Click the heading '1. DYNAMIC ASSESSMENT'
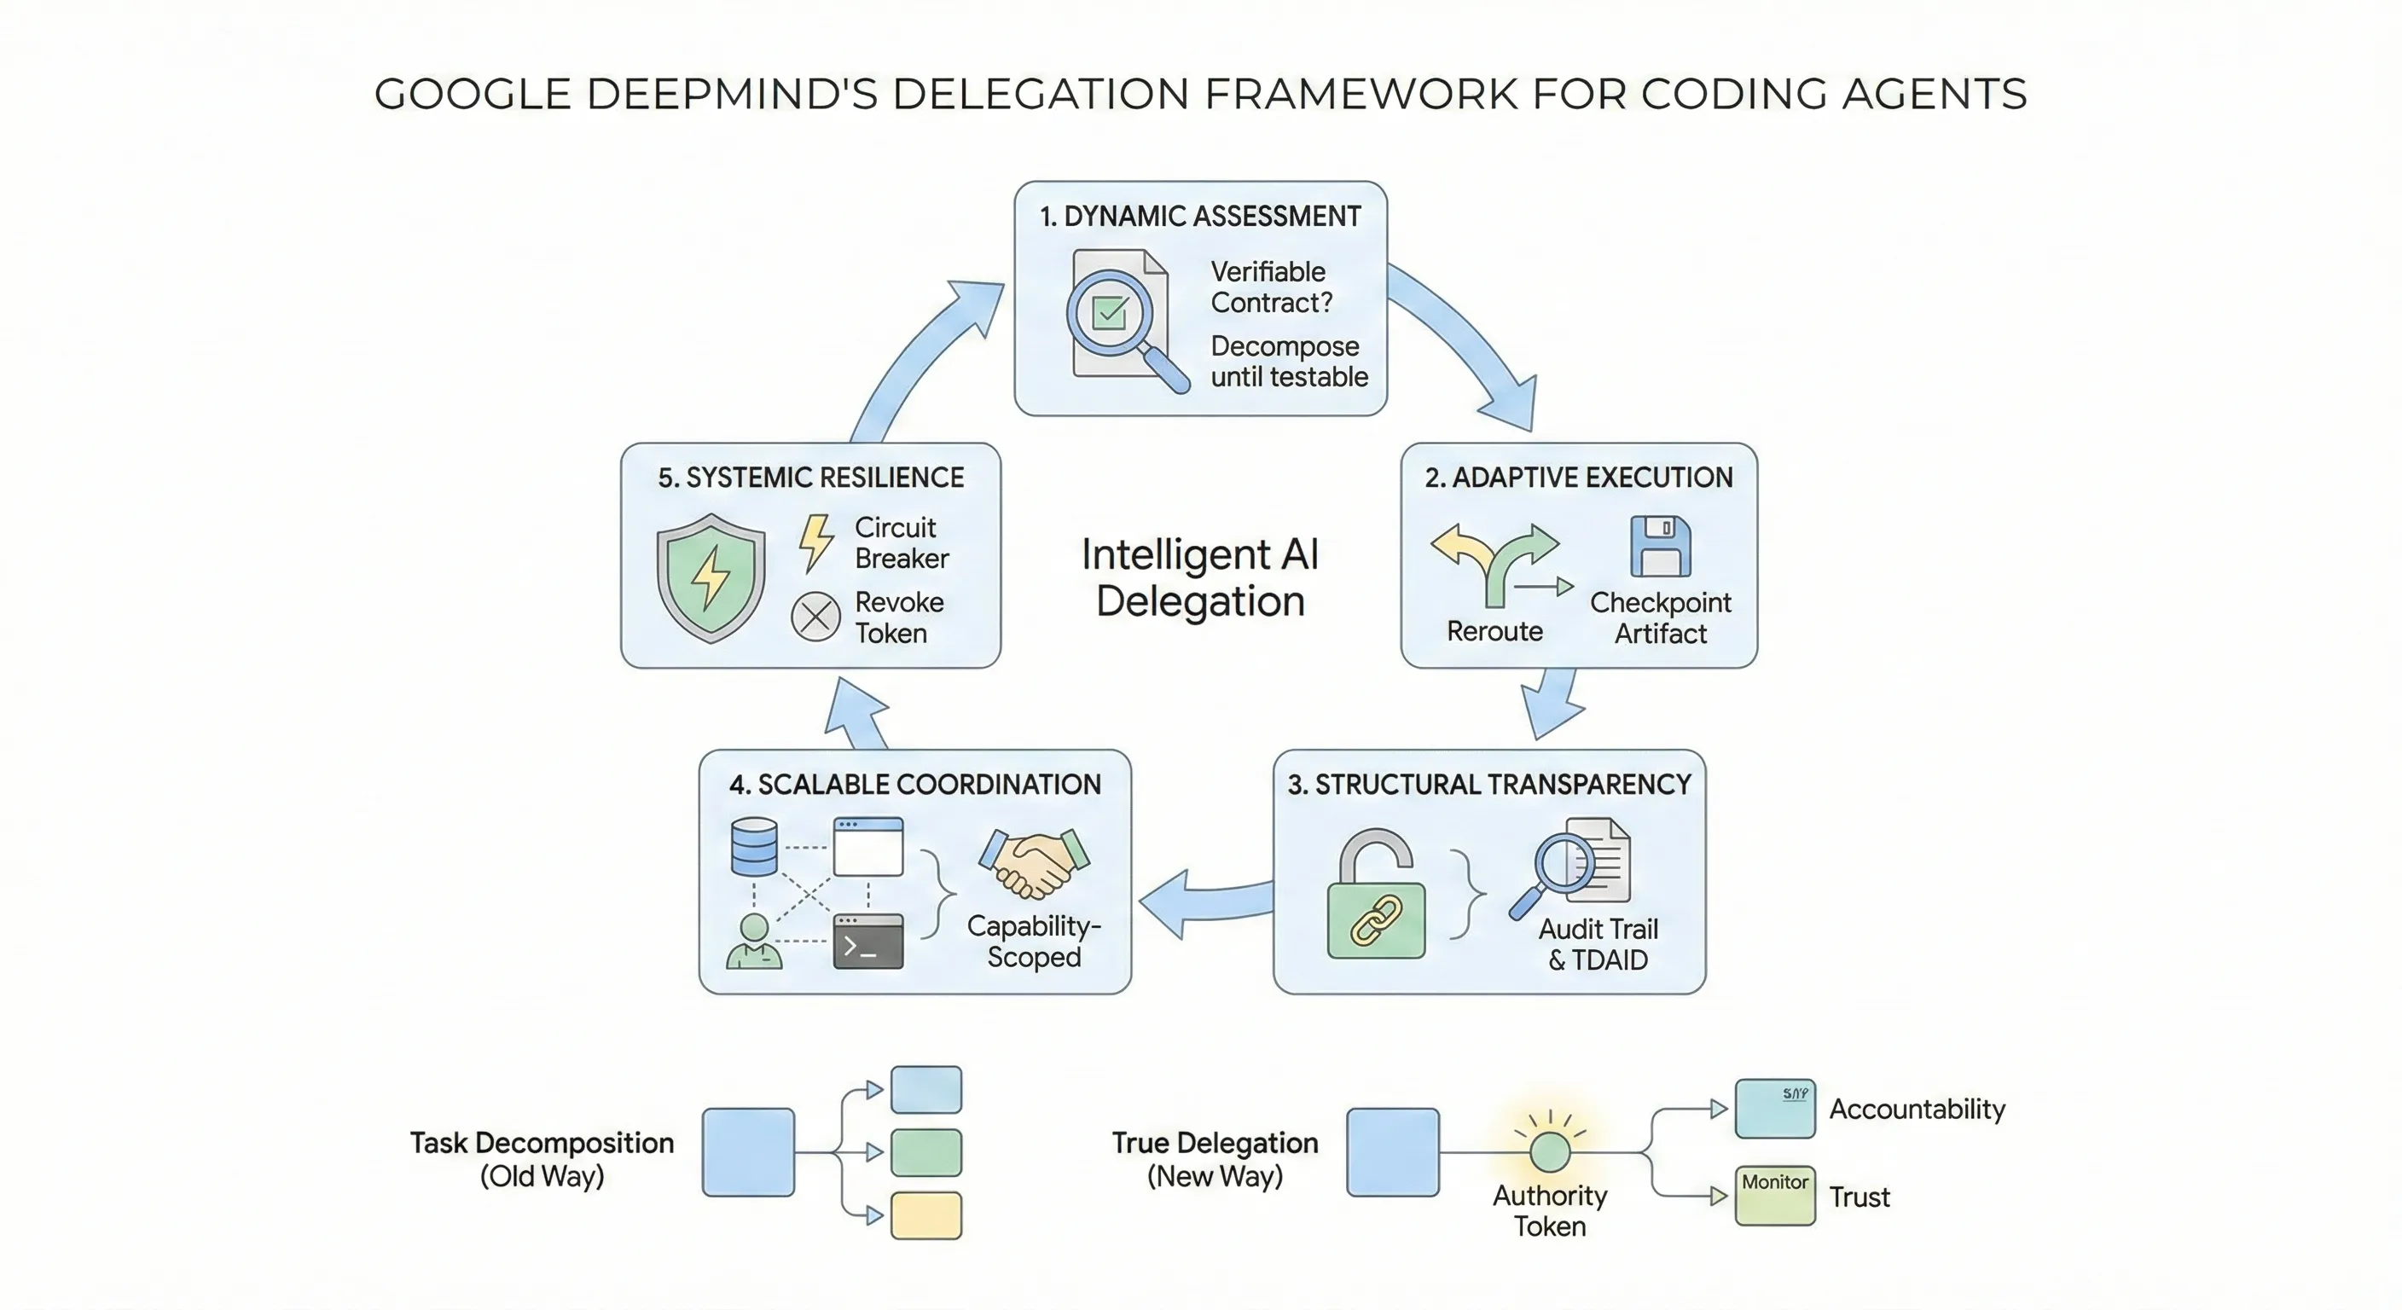click(x=1200, y=217)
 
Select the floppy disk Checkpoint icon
click(x=1660, y=547)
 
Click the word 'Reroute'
click(x=1494, y=631)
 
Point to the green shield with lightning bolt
click(x=711, y=577)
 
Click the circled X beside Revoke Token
click(x=816, y=617)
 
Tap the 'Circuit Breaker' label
click(x=901, y=542)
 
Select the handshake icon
click(x=1033, y=862)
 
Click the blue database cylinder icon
click(x=753, y=847)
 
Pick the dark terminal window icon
click(x=867, y=942)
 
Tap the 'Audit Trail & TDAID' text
click(x=1598, y=943)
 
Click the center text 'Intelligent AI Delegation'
click(x=1200, y=577)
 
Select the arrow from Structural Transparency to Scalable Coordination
click(x=1203, y=902)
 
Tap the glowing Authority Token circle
click(x=1550, y=1151)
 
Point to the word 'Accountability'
click(x=1916, y=1109)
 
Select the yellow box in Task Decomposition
click(x=926, y=1214)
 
